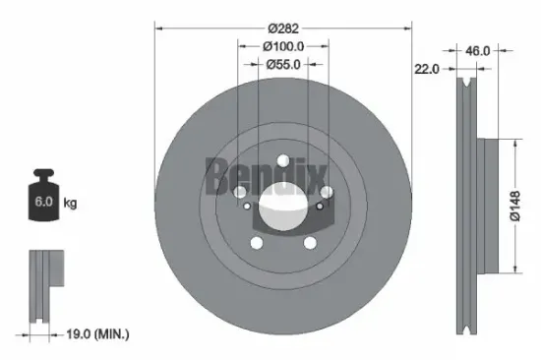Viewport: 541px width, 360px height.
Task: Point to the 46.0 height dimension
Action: click(x=477, y=49)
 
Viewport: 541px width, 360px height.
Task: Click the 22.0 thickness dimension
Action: click(x=427, y=69)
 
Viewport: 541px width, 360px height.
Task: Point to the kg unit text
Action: click(x=70, y=204)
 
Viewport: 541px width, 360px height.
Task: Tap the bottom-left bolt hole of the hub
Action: click(x=257, y=242)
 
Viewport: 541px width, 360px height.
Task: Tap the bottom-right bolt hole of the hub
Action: click(x=309, y=242)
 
